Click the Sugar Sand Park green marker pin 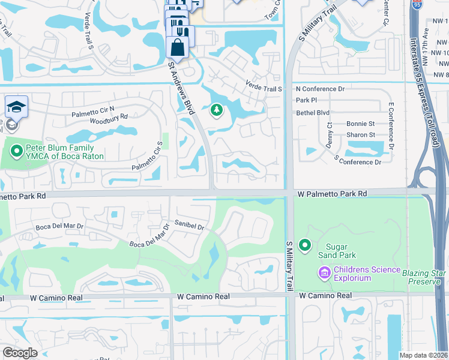point(306,245)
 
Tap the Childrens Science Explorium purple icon point(324,274)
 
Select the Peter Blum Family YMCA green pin point(16,152)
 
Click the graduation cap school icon point(16,108)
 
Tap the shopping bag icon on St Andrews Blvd point(178,46)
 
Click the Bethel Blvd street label point(313,112)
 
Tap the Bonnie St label point(360,124)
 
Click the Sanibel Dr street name point(189,227)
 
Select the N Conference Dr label point(320,89)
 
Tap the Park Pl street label point(306,100)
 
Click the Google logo point(20,353)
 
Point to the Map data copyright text point(423,355)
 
